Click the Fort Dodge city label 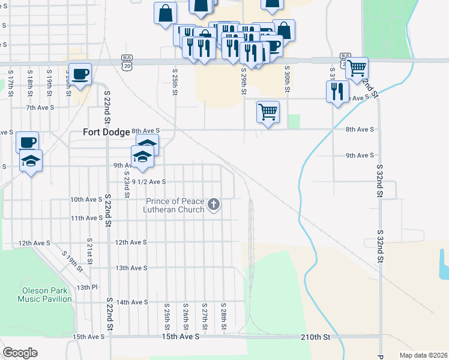[106, 132]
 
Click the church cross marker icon [212, 206]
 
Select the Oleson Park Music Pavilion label [44, 294]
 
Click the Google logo [20, 353]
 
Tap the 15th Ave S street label [88, 337]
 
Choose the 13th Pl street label [86, 287]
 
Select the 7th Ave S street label [40, 107]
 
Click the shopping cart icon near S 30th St [268, 112]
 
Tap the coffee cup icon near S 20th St [80, 74]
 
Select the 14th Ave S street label [131, 302]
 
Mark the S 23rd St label [127, 185]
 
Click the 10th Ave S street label [86, 199]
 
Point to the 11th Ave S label [86, 218]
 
